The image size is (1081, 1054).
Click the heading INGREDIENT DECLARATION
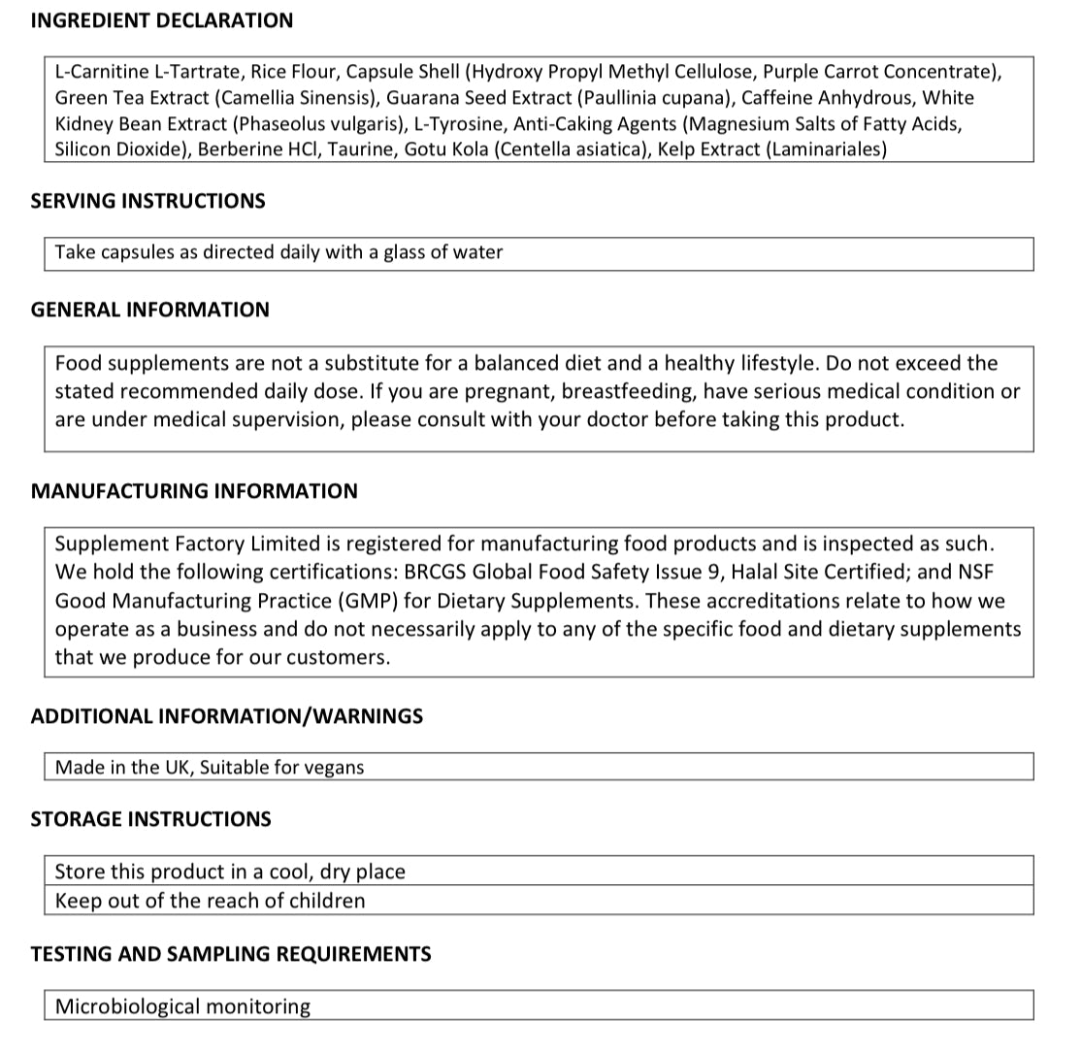(x=161, y=20)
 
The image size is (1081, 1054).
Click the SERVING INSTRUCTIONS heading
(x=147, y=201)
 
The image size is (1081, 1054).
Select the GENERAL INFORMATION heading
(x=149, y=310)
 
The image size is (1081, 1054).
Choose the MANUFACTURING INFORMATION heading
(x=194, y=491)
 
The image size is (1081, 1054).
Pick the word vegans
(x=334, y=768)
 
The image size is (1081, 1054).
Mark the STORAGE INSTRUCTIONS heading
(x=150, y=819)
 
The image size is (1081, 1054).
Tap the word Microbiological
(x=125, y=1006)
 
